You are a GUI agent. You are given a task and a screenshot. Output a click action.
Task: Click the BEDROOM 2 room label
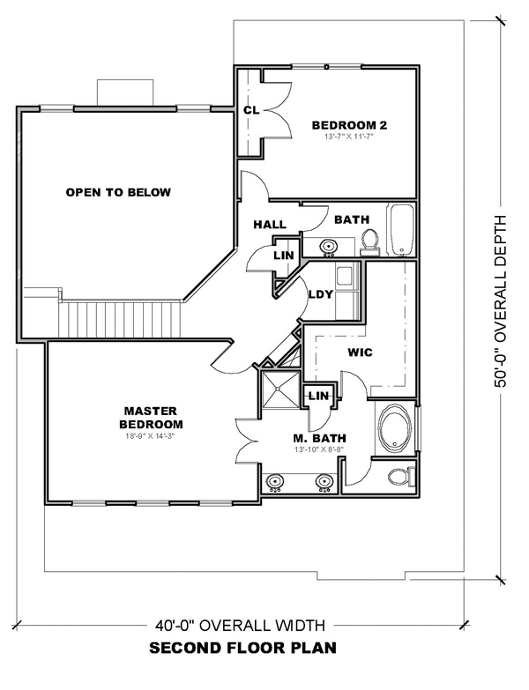[349, 125]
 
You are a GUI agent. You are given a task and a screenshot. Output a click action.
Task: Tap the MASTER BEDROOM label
[151, 418]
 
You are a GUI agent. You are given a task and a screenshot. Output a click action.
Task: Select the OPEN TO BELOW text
[118, 192]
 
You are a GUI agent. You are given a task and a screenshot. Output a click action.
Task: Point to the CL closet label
[251, 110]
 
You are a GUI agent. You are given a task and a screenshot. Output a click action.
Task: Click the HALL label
[270, 225]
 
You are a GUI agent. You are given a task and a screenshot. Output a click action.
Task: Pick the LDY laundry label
[321, 294]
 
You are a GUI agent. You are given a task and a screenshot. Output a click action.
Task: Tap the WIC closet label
[360, 352]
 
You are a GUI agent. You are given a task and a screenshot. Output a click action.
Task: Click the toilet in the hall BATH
[370, 241]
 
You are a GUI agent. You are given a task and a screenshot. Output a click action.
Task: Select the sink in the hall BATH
[328, 247]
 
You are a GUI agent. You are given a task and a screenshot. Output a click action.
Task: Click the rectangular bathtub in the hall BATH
[400, 229]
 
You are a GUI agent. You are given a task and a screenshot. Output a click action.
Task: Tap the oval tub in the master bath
[395, 427]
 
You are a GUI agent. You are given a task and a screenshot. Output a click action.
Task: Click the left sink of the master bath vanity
[276, 482]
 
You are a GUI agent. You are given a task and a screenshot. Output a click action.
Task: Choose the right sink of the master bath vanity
[324, 482]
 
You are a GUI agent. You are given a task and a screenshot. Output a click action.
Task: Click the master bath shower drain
[278, 389]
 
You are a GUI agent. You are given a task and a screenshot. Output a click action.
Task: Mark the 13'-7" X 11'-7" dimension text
[349, 137]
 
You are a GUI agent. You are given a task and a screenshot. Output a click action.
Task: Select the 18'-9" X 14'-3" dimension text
[151, 437]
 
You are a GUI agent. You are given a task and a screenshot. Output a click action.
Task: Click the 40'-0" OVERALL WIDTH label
[240, 625]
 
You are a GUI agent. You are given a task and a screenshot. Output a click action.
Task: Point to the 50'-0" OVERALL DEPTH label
[501, 301]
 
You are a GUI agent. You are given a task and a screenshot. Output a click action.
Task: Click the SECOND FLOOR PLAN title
[243, 649]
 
